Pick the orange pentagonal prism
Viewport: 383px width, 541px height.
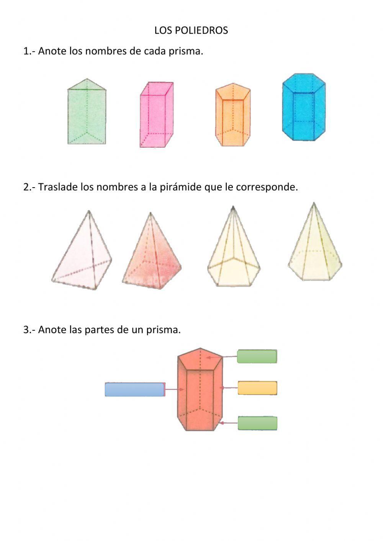[x=233, y=115]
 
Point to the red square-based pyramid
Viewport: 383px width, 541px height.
[x=152, y=257]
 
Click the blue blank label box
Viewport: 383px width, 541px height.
[x=134, y=389]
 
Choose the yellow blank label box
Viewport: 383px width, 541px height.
[x=257, y=388]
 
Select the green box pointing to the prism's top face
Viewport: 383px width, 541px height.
[x=257, y=356]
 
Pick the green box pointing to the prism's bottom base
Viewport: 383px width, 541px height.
[x=257, y=423]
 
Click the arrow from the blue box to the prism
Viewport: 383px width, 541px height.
[x=175, y=390]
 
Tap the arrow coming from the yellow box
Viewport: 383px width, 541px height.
[x=229, y=388]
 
